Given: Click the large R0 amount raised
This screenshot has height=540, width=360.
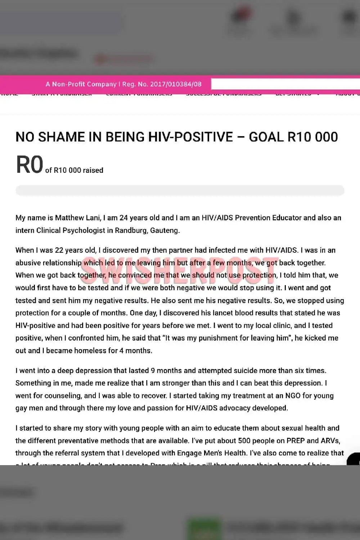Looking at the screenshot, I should coord(30,165).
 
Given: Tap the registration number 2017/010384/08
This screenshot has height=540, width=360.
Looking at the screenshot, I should coord(176,84).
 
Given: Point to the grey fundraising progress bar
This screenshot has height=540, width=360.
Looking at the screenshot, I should coord(180,190).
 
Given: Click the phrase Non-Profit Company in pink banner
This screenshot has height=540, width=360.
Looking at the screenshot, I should coord(84,84).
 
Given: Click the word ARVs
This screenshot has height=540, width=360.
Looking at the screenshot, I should coord(330,441).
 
